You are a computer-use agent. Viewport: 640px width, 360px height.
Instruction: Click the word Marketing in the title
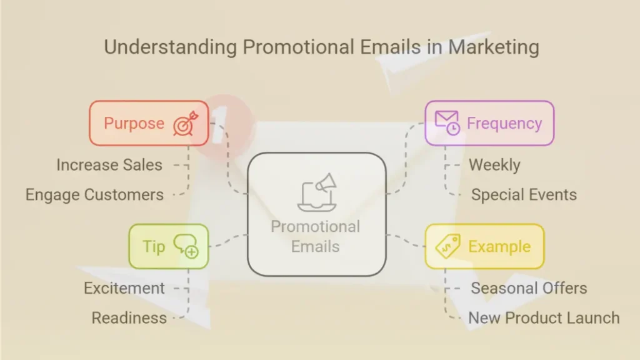click(x=494, y=47)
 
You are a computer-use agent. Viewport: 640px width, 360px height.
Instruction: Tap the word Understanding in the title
click(x=170, y=47)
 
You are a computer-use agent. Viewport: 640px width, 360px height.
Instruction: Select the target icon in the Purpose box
click(x=186, y=123)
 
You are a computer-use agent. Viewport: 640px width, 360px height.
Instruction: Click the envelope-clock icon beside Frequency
click(x=447, y=122)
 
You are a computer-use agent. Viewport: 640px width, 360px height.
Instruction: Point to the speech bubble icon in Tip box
click(x=186, y=246)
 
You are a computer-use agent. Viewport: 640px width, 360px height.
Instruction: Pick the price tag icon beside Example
click(x=447, y=246)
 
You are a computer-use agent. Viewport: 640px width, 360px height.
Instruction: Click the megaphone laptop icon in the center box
click(x=317, y=192)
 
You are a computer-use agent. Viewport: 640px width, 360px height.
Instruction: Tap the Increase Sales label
click(x=109, y=165)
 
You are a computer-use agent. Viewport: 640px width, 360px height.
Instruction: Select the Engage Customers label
click(x=95, y=195)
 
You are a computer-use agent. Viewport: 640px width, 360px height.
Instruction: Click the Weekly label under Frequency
click(x=495, y=165)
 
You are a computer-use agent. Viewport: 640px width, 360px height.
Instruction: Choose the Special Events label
click(x=524, y=195)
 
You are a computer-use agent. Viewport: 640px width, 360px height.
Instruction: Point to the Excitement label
click(x=124, y=288)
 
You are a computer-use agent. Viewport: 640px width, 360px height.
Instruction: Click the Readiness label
click(x=129, y=318)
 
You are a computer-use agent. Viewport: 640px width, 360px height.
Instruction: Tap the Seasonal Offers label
click(x=529, y=288)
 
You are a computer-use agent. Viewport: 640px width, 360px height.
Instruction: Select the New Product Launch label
click(x=544, y=318)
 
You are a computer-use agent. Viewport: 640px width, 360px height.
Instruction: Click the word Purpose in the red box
click(x=134, y=123)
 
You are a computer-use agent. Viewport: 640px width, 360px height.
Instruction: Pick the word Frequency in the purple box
click(x=504, y=123)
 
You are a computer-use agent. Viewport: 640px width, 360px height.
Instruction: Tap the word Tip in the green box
click(x=154, y=246)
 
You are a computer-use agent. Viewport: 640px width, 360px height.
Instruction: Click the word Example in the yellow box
click(x=499, y=246)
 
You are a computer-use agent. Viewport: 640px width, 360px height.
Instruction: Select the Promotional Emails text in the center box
click(x=316, y=237)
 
